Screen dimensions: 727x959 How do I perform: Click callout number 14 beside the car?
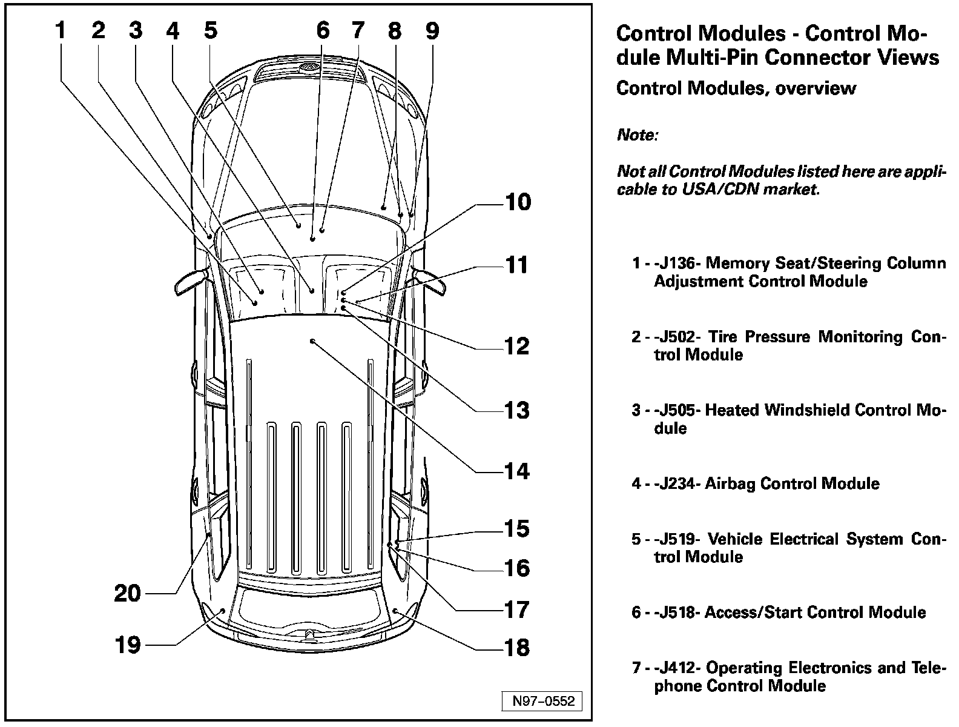(516, 471)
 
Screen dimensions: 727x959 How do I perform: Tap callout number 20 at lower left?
(128, 593)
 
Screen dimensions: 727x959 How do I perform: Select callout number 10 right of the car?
(518, 202)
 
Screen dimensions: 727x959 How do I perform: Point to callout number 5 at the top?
(210, 30)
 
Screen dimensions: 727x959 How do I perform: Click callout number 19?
(128, 645)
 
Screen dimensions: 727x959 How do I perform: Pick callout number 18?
(516, 648)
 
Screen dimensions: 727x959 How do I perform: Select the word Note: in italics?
(637, 135)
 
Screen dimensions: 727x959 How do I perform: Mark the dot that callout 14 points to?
(312, 341)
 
